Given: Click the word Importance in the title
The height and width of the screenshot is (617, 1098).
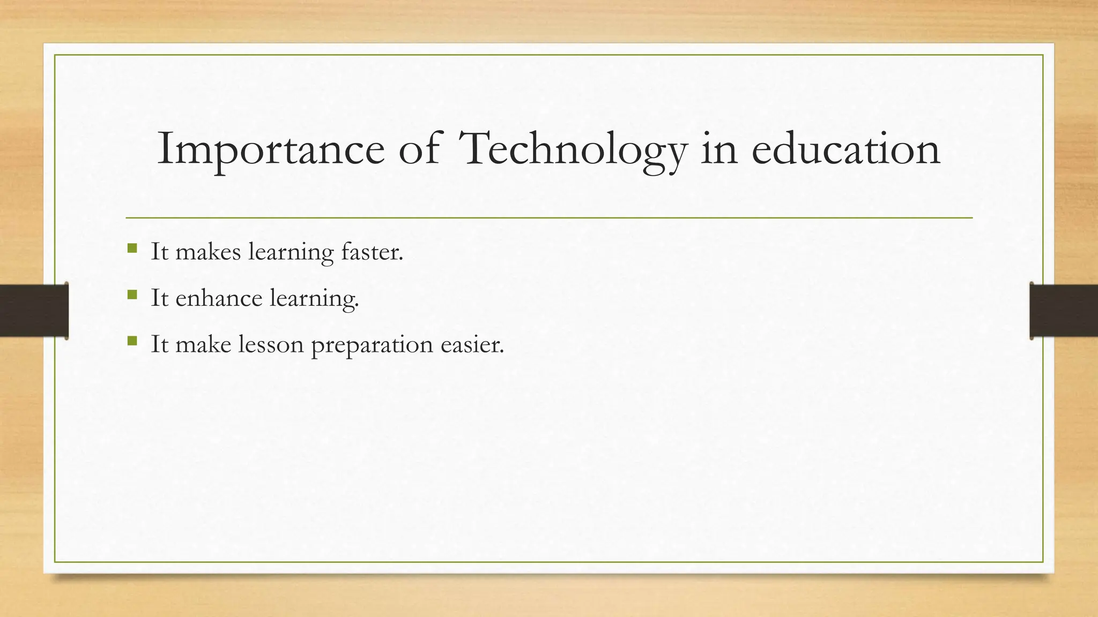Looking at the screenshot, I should coord(271,149).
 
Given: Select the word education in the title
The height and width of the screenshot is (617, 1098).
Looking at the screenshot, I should coord(845,149).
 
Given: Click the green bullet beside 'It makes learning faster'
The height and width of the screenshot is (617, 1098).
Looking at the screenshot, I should coord(132,249).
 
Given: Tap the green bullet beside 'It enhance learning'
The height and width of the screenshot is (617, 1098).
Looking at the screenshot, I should coord(132,295).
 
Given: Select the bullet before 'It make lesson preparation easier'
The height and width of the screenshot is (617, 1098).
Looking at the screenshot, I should coord(132,341).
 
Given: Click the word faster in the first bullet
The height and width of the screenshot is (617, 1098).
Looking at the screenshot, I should coord(372,252).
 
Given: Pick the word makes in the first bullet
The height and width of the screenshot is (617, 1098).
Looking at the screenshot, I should coord(208,252).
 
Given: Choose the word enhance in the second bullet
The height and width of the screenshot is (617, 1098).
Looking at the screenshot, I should coord(218,298).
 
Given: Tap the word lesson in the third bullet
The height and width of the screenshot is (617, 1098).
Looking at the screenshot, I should coord(271,344).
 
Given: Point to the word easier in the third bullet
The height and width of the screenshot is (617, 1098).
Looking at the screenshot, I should coord(472,344).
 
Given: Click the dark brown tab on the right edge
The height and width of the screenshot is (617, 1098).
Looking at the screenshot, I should coord(1064,311).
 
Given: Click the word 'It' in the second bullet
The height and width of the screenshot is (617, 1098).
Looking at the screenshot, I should coord(159,298).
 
